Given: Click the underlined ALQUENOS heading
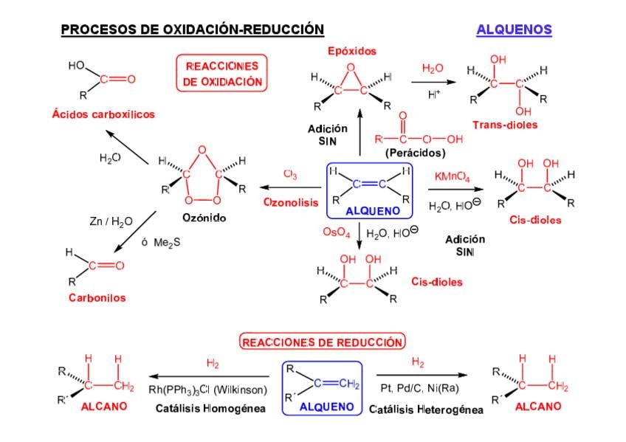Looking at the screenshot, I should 514,30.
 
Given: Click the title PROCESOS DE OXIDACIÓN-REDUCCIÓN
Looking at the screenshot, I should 192,30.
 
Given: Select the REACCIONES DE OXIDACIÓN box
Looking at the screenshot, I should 222,75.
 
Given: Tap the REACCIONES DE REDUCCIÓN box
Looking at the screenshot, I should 323,342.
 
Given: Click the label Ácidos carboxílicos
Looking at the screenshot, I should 103,114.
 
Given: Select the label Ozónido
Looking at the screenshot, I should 204,218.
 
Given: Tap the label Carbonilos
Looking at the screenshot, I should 97,298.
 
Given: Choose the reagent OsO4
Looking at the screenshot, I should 336,232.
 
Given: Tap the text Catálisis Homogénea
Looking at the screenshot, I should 210,408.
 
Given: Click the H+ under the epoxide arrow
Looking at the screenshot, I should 433,94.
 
